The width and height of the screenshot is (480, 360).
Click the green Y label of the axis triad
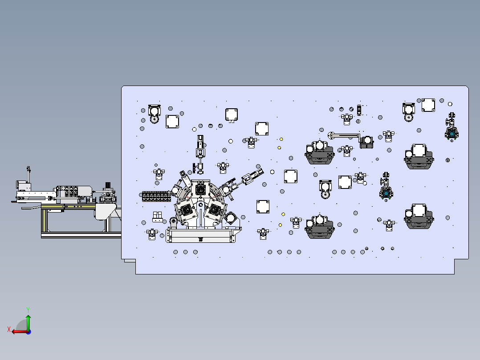coord(28,310)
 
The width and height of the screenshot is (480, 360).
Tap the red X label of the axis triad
coord(9,329)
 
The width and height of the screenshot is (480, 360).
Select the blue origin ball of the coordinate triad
coord(28,332)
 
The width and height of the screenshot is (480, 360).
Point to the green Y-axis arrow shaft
coord(28,323)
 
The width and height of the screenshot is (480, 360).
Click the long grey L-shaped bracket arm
coord(344,135)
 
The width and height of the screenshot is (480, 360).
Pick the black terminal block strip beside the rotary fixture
coord(156,196)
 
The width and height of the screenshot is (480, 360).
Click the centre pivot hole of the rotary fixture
coord(200,205)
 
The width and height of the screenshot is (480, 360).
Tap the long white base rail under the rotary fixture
coord(201,236)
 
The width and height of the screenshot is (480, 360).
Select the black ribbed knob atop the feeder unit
coord(108,185)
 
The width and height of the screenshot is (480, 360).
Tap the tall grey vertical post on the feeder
coord(28,174)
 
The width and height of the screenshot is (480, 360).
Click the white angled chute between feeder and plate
coord(106,211)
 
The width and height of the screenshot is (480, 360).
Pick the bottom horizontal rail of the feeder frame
coord(81,235)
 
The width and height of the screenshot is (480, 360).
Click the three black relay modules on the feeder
coord(71,191)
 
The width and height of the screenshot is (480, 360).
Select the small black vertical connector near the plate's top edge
coord(359,110)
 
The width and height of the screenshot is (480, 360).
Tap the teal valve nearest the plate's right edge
coord(452,134)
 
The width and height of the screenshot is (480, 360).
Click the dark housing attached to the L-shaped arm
coord(366,142)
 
